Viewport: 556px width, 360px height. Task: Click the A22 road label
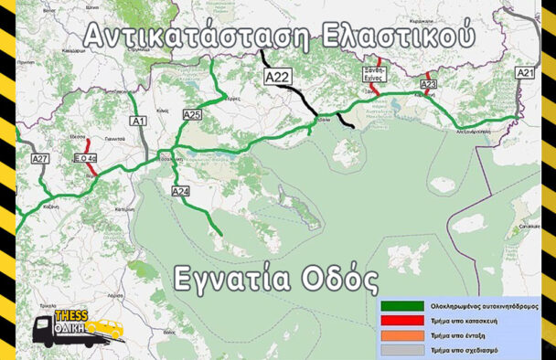coord(276,79)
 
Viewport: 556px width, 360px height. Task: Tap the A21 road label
coord(525,72)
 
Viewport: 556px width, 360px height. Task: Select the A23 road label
coord(429,85)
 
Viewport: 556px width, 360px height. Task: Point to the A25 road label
coord(192,115)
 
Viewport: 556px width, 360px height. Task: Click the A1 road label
coord(139,121)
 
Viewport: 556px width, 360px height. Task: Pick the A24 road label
coord(180,191)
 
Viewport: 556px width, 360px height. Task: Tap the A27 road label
coord(40,159)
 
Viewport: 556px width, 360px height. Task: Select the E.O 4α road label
coord(85,158)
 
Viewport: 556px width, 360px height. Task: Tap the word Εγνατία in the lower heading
coord(233,278)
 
